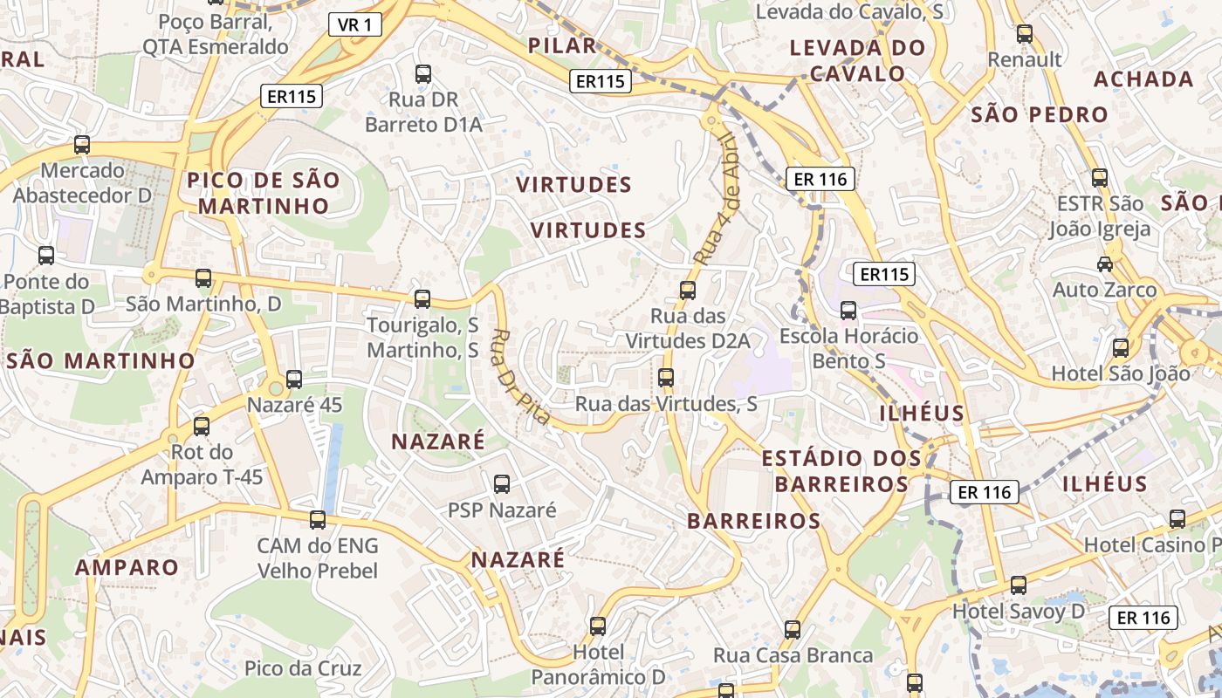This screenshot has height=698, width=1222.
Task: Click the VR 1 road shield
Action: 355,24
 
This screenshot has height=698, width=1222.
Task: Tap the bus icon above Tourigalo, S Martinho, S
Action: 422,299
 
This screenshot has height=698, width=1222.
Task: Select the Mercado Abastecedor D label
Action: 83,182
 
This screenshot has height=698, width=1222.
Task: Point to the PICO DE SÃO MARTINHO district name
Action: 264,193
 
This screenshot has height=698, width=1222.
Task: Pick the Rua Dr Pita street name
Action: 520,376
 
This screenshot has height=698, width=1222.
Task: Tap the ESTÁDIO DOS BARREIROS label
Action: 841,470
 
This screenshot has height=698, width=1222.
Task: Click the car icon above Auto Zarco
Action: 1105,263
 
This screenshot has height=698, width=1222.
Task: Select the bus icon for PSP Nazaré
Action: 502,483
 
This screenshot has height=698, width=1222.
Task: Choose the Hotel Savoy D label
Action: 1019,611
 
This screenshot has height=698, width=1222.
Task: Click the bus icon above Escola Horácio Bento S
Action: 848,310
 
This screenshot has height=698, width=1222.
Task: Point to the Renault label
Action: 1025,59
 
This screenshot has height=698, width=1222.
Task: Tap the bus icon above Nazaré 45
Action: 294,379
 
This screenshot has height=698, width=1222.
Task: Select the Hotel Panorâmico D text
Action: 598,664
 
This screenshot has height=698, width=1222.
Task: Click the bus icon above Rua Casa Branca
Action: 793,629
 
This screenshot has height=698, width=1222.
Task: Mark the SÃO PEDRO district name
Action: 1040,114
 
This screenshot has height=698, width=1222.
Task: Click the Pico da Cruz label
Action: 303,668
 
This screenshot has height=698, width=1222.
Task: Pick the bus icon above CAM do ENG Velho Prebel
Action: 318,520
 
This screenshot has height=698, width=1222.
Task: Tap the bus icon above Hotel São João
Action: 1121,347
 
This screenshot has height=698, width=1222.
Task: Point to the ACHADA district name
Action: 1143,79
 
